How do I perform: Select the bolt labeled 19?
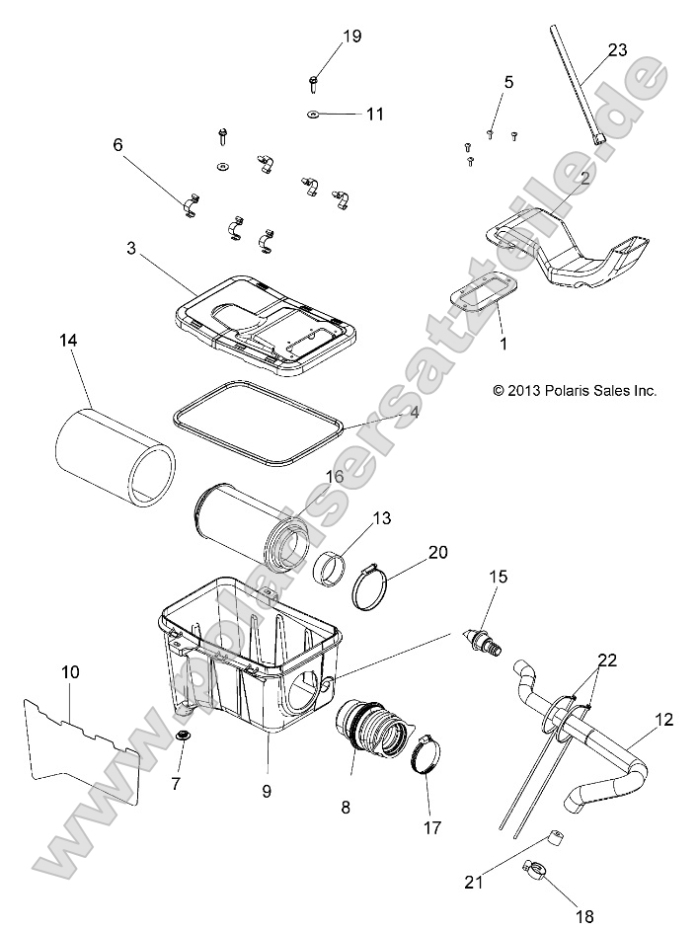(314, 82)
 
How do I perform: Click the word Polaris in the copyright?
(562, 391)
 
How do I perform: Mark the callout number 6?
(118, 145)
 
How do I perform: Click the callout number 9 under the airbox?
(266, 790)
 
